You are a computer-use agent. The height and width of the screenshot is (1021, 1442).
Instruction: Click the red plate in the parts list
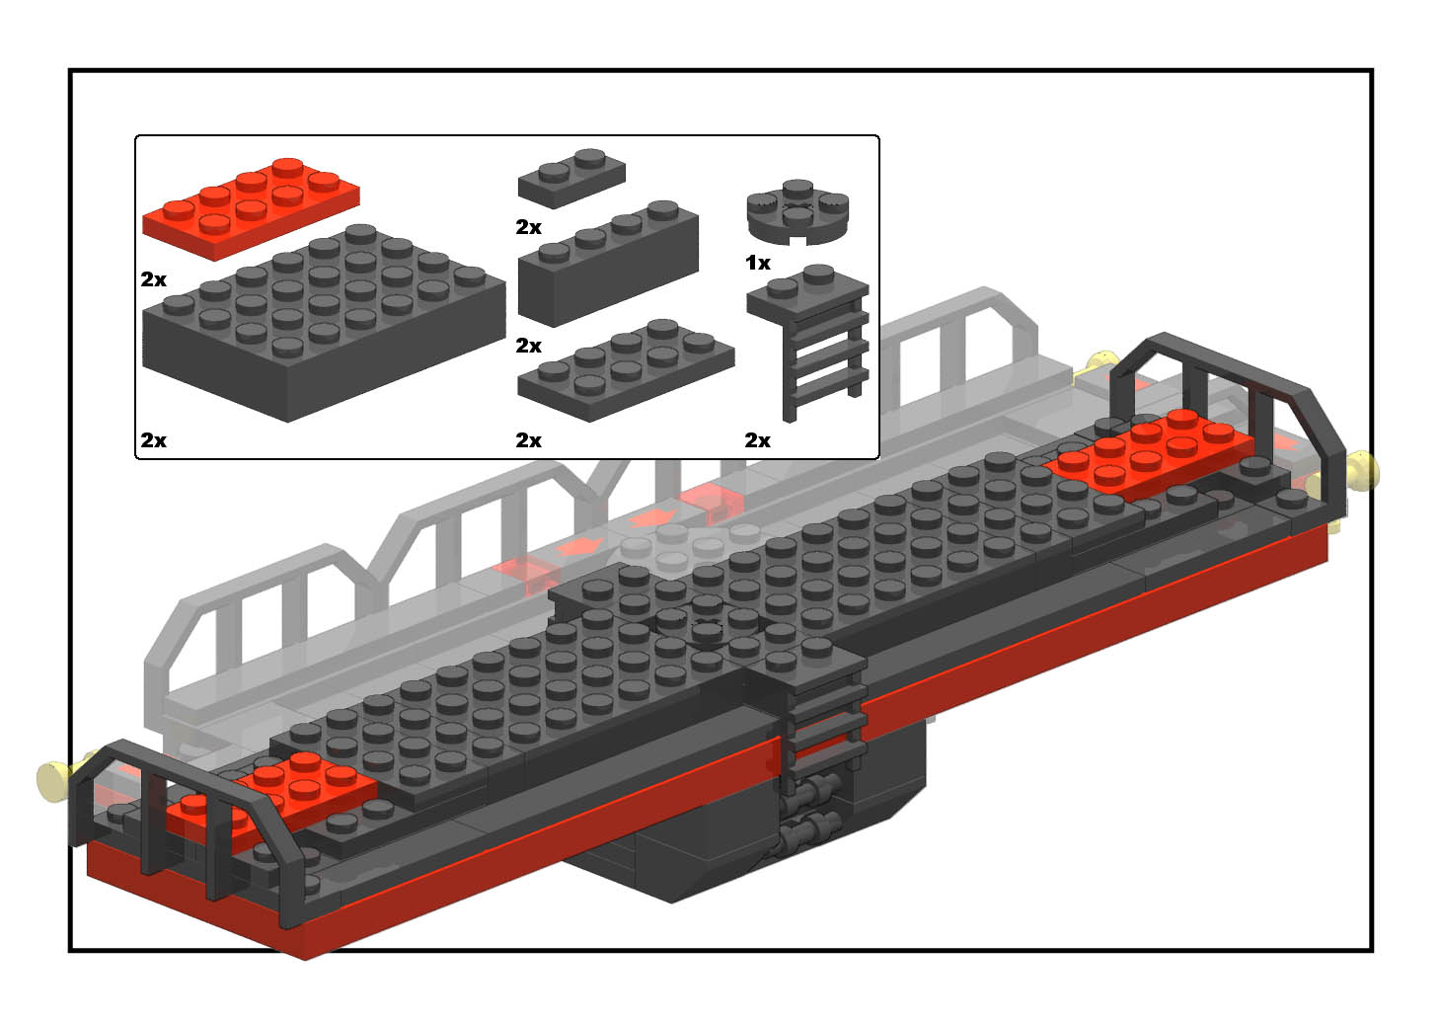pos(251,208)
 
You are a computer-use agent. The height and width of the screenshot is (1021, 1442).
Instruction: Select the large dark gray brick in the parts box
pos(324,323)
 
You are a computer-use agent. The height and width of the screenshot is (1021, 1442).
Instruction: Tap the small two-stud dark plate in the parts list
pos(571,179)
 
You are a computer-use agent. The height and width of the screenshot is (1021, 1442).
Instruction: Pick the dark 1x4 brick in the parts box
pos(608,263)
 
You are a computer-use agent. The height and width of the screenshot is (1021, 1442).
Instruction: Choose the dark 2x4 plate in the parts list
pos(626,370)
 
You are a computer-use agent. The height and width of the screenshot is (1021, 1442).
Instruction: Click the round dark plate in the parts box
pos(797,212)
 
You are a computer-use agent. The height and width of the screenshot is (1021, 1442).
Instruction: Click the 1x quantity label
pos(758,263)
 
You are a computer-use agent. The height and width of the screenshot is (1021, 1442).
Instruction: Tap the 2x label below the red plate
pos(153,279)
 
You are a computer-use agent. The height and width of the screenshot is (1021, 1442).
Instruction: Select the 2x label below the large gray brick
pos(153,440)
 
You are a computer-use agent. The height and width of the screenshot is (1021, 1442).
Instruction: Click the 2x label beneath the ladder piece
pos(757,440)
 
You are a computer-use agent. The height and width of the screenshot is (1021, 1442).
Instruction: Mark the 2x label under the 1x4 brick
pos(528,346)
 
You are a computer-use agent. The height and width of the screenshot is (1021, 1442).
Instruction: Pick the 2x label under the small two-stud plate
pos(528,227)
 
